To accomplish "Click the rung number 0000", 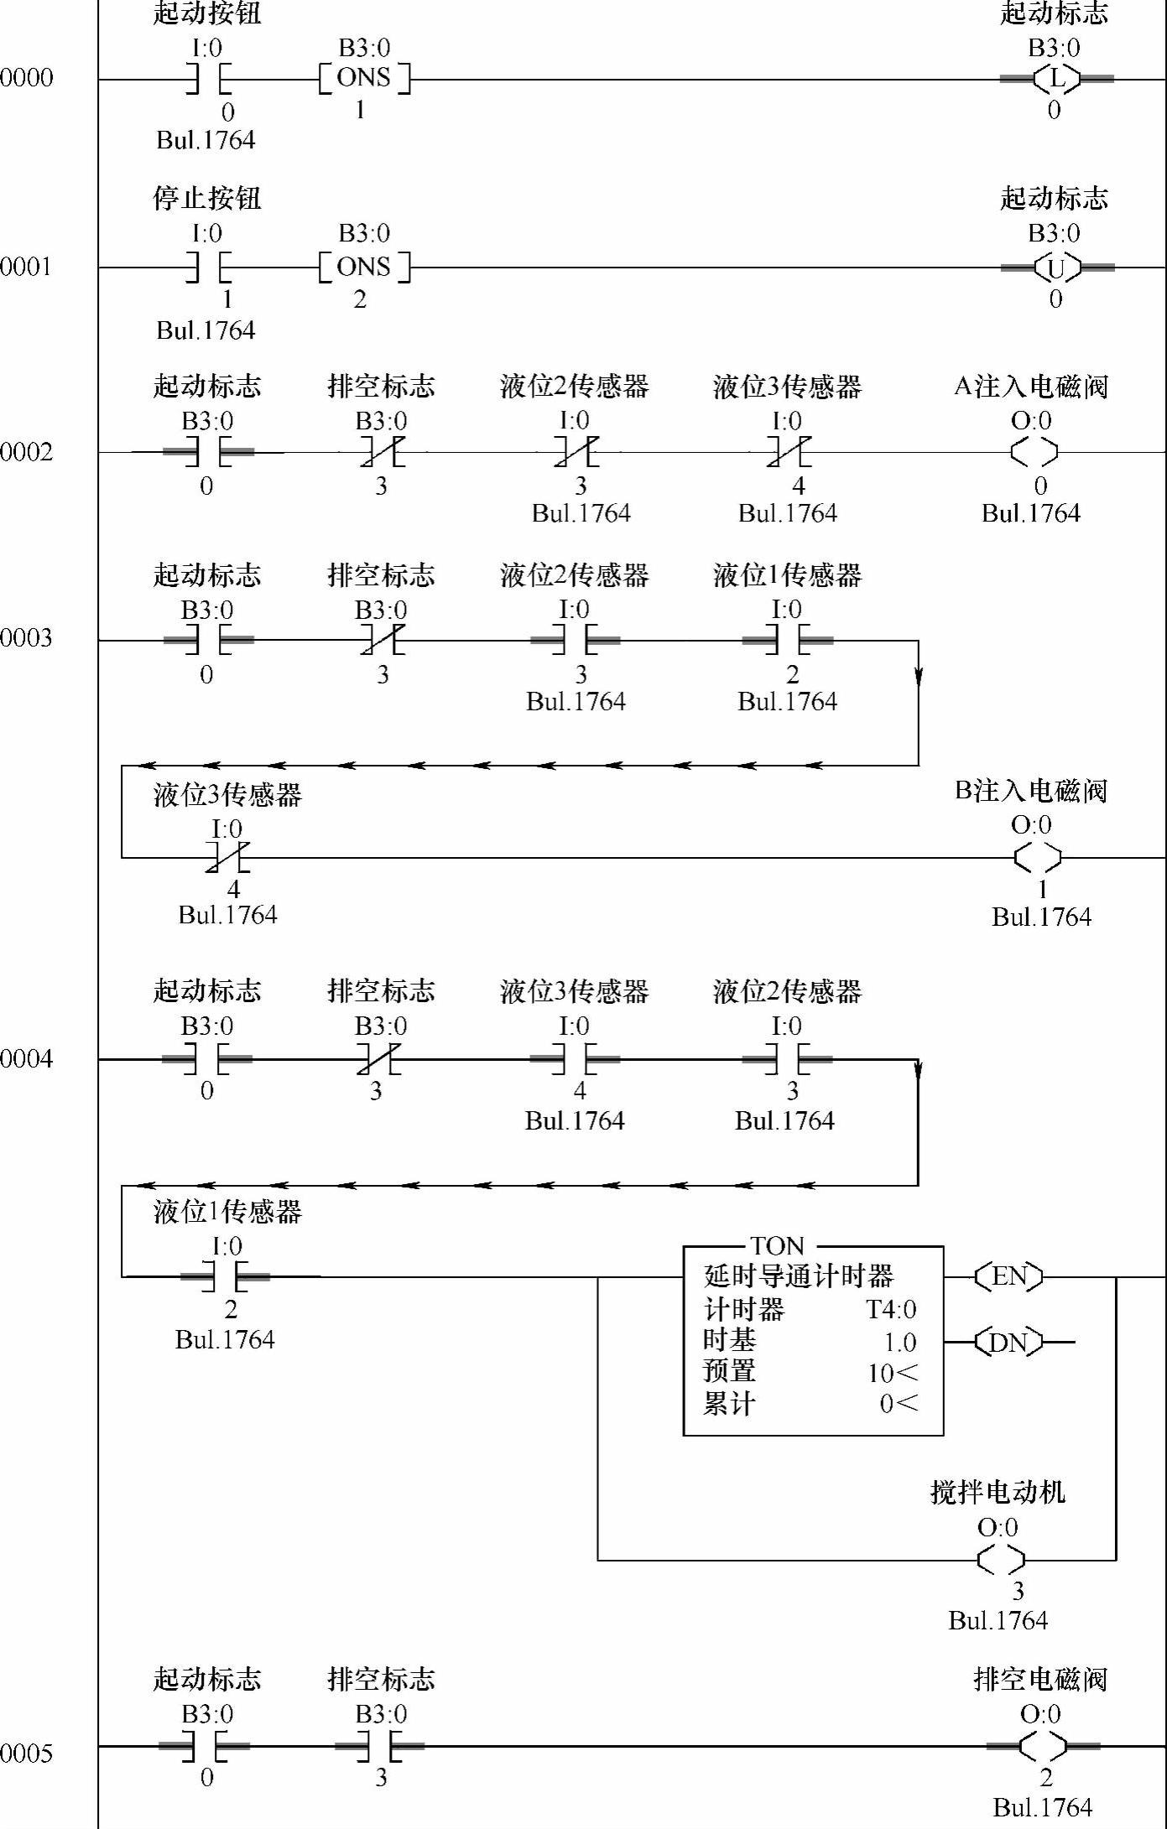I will point(26,78).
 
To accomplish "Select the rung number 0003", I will point(26,638).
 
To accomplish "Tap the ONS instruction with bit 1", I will point(364,79).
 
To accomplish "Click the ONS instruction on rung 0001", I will point(364,268).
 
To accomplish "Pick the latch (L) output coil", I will point(1056,79).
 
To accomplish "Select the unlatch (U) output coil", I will point(1056,268).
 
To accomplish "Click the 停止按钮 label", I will point(207,199).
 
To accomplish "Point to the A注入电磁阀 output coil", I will point(1034,453).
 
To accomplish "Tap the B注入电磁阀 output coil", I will point(1037,858).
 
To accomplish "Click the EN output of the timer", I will point(1008,1276).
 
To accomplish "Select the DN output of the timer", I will point(1008,1343).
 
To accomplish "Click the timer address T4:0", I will point(891,1309).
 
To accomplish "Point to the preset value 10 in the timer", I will point(881,1373).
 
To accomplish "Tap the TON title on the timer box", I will point(777,1246).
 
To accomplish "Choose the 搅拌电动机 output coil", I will point(1001,1560).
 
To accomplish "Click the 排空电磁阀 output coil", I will point(1043,1747).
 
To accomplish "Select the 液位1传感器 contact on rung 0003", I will point(787,641).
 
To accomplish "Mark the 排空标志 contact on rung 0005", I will point(379,1747).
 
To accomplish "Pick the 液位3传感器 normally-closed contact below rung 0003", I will point(227,858).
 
